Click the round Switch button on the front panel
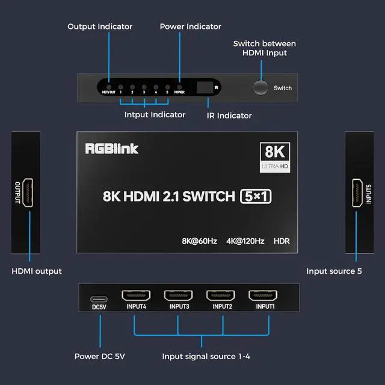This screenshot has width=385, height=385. coord(260,87)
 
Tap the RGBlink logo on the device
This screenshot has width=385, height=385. coord(112,149)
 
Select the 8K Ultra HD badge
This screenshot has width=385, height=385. coord(275,158)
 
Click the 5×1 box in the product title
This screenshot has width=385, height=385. coord(256,197)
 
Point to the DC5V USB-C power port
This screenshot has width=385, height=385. coord(99,299)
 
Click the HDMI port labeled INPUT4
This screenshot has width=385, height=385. coord(136,295)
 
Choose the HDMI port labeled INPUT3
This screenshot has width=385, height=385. coord(178,295)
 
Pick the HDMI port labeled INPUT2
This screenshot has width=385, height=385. coord(221,295)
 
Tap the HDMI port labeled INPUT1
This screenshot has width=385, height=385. coord(263,295)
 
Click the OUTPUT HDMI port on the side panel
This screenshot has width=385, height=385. coord(28,192)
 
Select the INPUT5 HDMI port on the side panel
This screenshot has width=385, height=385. coord(357,192)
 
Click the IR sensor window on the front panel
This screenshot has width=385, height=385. coord(205,87)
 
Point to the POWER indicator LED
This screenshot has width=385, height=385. coord(179,87)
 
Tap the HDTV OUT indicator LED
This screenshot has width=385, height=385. coord(109,87)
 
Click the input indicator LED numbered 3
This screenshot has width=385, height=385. coord(144,87)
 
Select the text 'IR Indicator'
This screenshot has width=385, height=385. coord(229,115)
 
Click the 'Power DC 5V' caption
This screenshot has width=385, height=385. coord(100,356)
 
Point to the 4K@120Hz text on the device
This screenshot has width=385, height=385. coord(245,241)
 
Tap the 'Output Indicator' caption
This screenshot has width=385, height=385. coord(100,26)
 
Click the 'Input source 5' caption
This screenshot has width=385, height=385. coord(334,271)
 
